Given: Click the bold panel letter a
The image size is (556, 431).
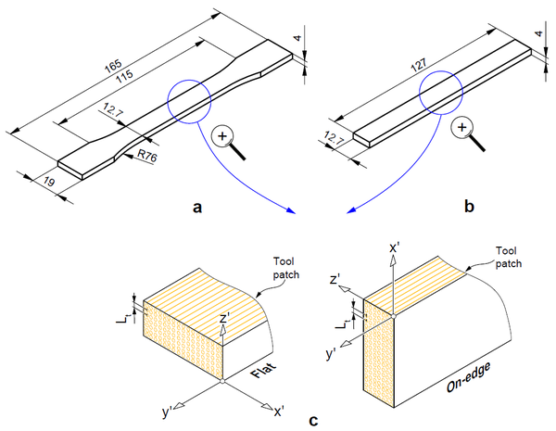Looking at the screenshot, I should click(196, 208).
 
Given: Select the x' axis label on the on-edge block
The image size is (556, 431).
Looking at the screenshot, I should click(393, 247).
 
